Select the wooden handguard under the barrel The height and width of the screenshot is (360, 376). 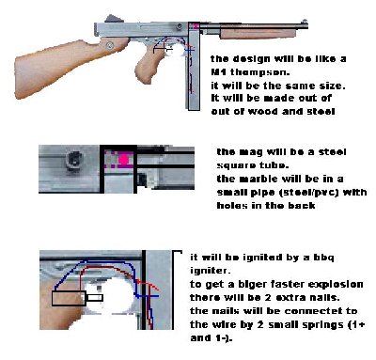coord(258,33)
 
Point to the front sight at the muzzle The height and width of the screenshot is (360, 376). coord(304,23)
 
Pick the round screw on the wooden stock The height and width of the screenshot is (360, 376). coord(110,45)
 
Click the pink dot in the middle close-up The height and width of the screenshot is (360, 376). coord(124,160)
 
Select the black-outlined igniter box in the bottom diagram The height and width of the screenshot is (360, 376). coord(69,298)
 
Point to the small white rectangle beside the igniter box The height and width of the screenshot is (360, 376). coord(95,298)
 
